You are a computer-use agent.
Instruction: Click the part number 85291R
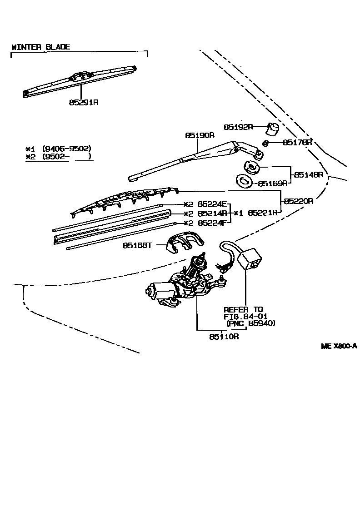pyautogui.click(x=84, y=102)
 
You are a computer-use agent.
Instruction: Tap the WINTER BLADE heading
pyautogui.click(x=40, y=47)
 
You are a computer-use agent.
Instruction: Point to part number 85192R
pyautogui.click(x=238, y=127)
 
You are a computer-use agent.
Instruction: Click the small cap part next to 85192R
pyautogui.click(x=273, y=129)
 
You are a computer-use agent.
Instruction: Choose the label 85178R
pyautogui.click(x=297, y=142)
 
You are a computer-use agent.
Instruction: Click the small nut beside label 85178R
pyautogui.click(x=266, y=144)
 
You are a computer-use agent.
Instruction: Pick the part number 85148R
pyautogui.click(x=308, y=174)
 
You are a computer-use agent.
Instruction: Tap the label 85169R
pyautogui.click(x=273, y=184)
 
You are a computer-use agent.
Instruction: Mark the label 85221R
pyautogui.click(x=263, y=213)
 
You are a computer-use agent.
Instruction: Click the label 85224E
pyautogui.click(x=212, y=204)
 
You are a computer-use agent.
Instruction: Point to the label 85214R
pyautogui.click(x=212, y=213)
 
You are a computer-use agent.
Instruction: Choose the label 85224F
pyautogui.click(x=212, y=223)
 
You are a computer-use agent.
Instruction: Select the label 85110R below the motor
pyautogui.click(x=224, y=337)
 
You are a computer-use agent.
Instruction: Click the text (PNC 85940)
pyautogui.click(x=251, y=323)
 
